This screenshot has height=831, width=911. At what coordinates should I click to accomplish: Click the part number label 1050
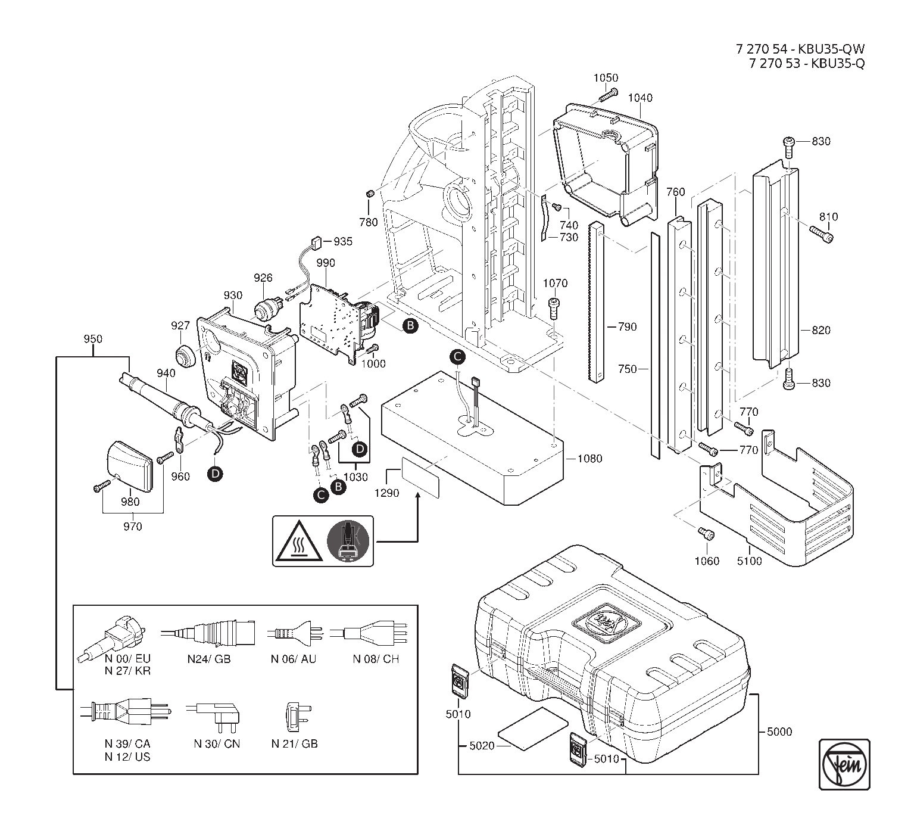pyautogui.click(x=606, y=78)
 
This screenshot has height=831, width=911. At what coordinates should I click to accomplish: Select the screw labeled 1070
pyautogui.click(x=554, y=307)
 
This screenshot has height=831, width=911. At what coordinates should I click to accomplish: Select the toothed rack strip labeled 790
pyautogui.click(x=598, y=302)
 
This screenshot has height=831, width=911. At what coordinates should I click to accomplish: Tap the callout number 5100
pyautogui.click(x=748, y=561)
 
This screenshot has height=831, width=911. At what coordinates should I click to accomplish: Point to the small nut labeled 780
pyautogui.click(x=369, y=194)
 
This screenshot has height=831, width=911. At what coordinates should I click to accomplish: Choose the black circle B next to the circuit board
pyautogui.click(x=410, y=325)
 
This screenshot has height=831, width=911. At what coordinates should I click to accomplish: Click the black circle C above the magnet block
pyautogui.click(x=457, y=356)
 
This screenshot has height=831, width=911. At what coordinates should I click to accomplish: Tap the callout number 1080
pyautogui.click(x=589, y=459)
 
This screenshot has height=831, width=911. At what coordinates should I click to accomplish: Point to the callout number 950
pyautogui.click(x=93, y=339)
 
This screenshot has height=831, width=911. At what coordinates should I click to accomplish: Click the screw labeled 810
pyautogui.click(x=821, y=234)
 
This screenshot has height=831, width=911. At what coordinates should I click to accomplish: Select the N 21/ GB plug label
pyautogui.click(x=294, y=744)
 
